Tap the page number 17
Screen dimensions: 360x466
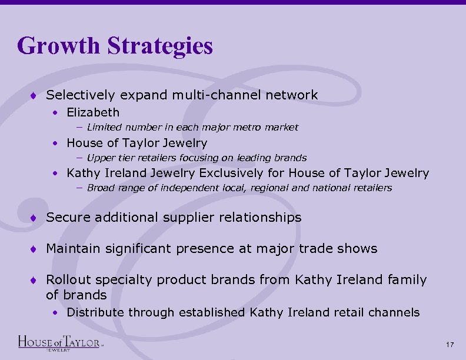pos(450,344)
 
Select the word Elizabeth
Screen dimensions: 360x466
pos(93,112)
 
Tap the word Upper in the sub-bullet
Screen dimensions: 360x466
pos(101,158)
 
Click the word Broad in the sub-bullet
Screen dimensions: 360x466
pos(101,188)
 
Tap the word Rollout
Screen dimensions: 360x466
pos(69,280)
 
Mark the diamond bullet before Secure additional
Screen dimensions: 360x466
pos(37,218)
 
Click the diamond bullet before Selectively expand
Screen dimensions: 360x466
pos(37,95)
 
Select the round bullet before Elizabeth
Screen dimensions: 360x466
pos(54,112)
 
